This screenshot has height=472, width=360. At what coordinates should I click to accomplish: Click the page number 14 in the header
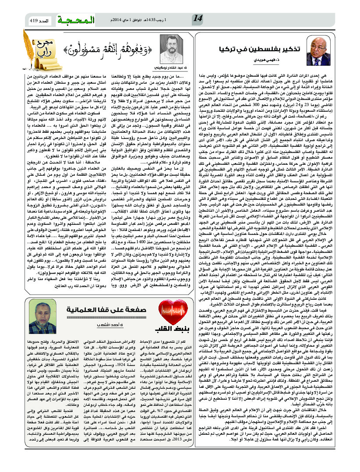pyautogui.click(x=198, y=18)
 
